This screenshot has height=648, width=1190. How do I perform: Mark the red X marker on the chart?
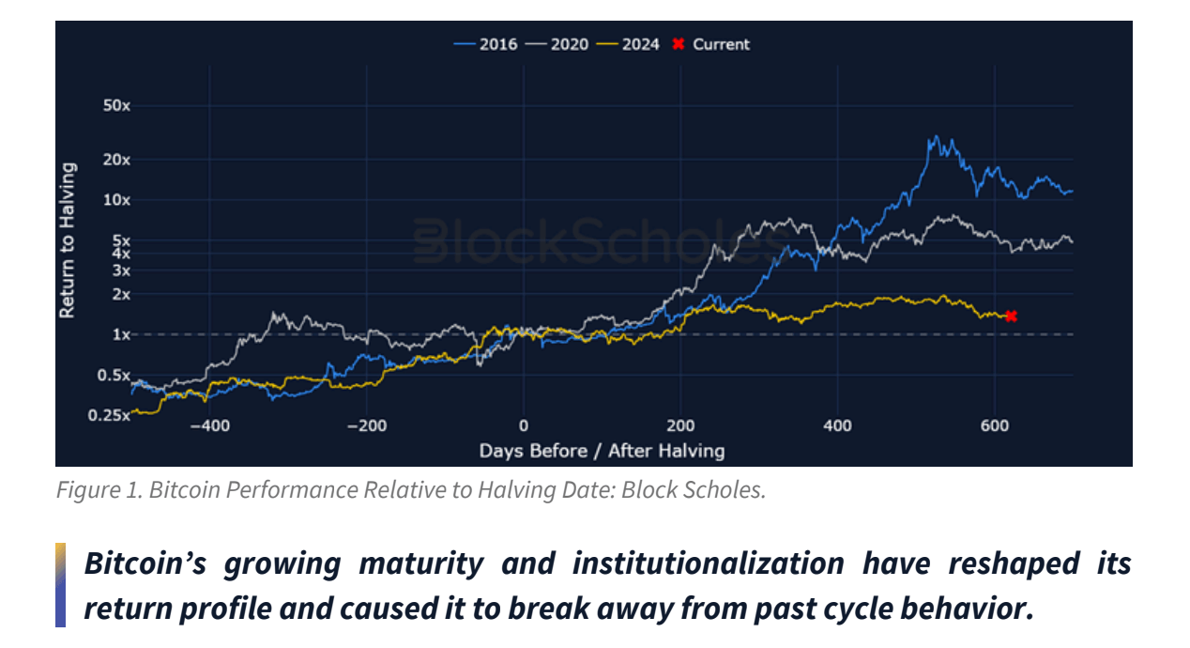1011,316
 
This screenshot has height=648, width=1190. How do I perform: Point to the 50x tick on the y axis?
116,106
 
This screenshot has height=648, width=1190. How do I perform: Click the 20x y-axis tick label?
116,160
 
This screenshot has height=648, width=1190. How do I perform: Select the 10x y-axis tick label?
116,200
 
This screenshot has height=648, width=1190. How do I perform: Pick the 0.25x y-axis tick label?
111,415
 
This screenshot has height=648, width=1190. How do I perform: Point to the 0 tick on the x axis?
524,426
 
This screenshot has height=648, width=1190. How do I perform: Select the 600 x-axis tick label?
995,426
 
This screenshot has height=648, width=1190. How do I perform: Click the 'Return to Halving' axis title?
69,240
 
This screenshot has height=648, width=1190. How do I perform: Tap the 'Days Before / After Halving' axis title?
602,451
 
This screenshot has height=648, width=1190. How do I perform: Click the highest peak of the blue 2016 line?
933,137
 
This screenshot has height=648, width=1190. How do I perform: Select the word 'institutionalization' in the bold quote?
708,563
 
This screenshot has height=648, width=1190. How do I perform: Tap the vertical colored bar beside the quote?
61,584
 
